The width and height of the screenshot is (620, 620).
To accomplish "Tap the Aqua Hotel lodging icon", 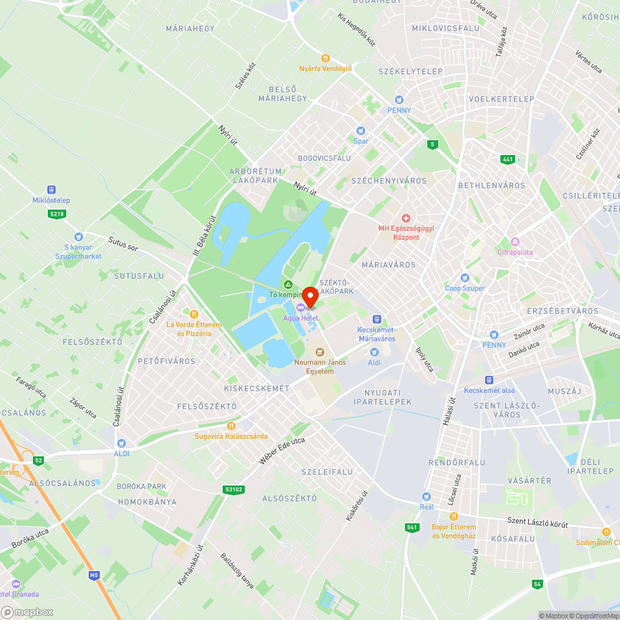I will [x=301, y=308].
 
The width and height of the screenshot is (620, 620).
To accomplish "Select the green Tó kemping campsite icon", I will [x=288, y=284].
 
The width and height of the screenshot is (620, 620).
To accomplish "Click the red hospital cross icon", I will [x=406, y=218].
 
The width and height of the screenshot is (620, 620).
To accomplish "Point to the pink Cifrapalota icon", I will [x=515, y=242].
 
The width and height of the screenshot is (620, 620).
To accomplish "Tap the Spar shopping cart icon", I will [x=361, y=130].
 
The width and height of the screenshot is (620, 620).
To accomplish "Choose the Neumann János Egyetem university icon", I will [x=319, y=352].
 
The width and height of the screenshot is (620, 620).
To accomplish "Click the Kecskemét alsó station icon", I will [x=489, y=379].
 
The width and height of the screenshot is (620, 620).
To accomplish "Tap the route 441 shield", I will [x=508, y=159].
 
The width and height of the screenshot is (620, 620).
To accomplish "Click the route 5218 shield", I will [x=57, y=214].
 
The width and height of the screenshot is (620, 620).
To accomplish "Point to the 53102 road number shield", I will [x=233, y=490].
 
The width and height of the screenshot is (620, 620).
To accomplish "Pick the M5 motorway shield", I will [x=94, y=575].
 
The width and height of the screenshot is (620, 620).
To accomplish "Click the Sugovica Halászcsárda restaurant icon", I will [x=231, y=425].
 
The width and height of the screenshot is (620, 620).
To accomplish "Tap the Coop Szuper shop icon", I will [x=465, y=278].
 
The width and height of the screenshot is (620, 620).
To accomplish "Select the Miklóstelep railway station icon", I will [x=51, y=190].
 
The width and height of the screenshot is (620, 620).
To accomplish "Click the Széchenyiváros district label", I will [x=389, y=181].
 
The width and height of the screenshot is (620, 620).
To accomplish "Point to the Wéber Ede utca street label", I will [x=281, y=451].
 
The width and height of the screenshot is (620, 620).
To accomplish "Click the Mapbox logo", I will [x=28, y=612].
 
